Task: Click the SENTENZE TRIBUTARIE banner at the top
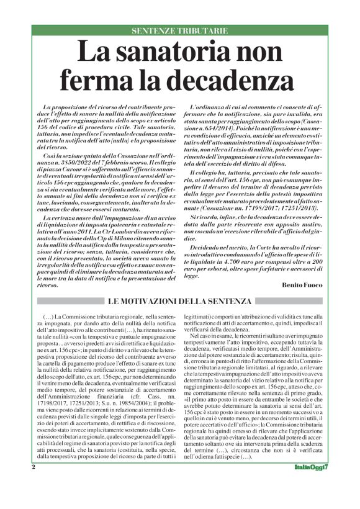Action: (x=180, y=30)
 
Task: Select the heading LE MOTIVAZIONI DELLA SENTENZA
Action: (x=179, y=301)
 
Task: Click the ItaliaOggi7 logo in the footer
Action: (x=310, y=485)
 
